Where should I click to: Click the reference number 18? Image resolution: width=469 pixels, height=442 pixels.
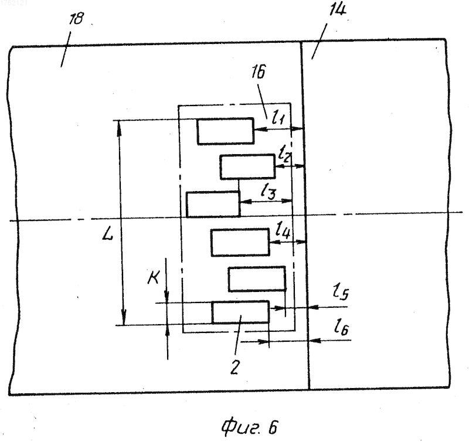coord(76,19)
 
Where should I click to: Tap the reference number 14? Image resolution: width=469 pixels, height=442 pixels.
coord(338,10)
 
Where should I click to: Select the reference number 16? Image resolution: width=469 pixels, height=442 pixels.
coord(259,72)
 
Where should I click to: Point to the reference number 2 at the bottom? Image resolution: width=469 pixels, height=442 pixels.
coord(235,367)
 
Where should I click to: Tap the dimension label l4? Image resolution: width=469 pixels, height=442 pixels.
coord(283,229)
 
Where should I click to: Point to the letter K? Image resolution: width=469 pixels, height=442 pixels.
coord(154,277)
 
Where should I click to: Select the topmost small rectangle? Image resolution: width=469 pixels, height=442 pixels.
coord(226,131)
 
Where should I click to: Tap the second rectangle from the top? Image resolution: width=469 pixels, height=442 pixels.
coord(247,167)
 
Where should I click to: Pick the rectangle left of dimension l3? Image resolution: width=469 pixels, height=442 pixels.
coord(213,204)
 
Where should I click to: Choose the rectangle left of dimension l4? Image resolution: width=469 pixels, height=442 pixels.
coord(240,242)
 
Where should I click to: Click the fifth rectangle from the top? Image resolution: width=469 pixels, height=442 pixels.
coord(257,278)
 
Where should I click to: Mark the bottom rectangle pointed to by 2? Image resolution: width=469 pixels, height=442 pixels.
coord(240,312)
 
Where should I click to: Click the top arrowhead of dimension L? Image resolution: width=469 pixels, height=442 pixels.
coord(119,126)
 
